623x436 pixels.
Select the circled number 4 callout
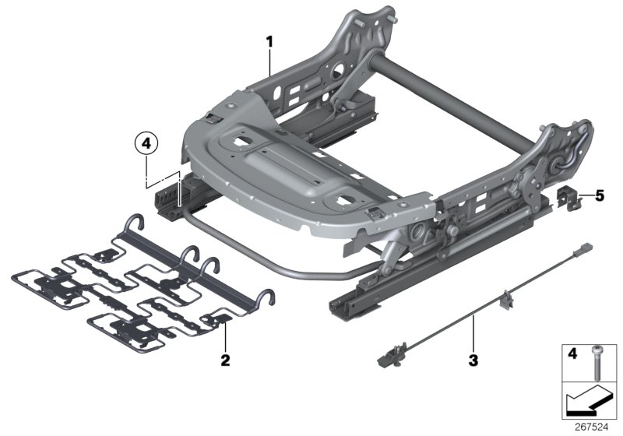[x=146, y=143]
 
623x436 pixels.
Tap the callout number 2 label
[x=224, y=360]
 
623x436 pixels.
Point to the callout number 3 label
[x=473, y=361]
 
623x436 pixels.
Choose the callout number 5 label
[x=600, y=195]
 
